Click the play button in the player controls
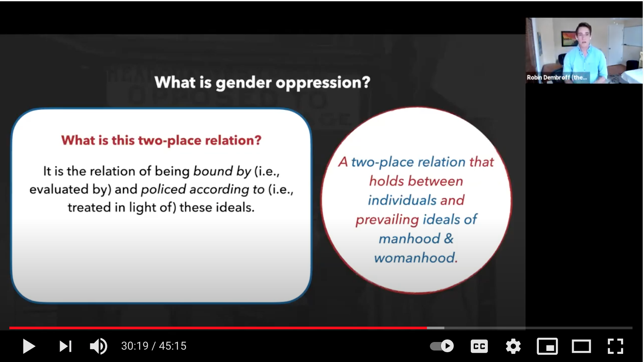click(x=29, y=346)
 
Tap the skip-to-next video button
click(x=66, y=346)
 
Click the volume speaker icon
click(x=98, y=346)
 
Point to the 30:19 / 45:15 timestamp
click(x=154, y=346)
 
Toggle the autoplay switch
click(x=442, y=346)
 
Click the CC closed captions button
click(x=479, y=346)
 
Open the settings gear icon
click(x=513, y=346)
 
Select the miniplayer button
click(x=547, y=346)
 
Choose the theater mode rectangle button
click(x=581, y=346)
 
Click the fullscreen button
click(x=615, y=346)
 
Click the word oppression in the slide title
click(x=323, y=83)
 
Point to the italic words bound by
click(x=222, y=172)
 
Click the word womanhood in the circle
click(x=414, y=258)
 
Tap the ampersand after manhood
click(x=449, y=238)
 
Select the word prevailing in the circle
click(x=387, y=220)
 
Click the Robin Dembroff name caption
click(x=557, y=78)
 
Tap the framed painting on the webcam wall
click(x=570, y=39)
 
